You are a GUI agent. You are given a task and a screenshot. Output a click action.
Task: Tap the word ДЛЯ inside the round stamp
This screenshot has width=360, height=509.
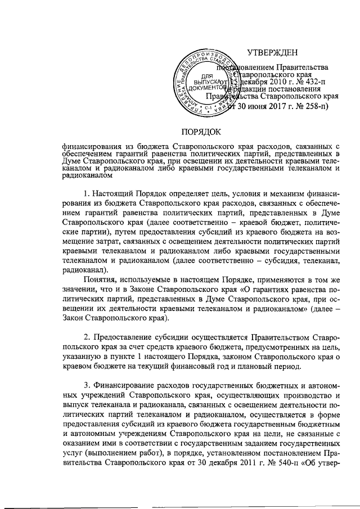tap(207, 75)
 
